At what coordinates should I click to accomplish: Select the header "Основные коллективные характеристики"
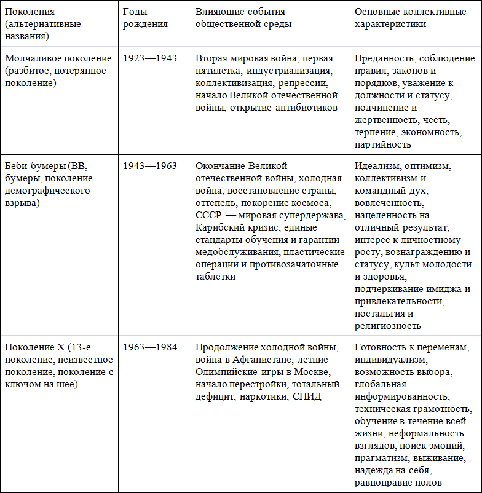(x=405, y=18)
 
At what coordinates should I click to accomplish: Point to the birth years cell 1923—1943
(x=149, y=58)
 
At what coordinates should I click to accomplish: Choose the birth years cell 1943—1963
(x=149, y=166)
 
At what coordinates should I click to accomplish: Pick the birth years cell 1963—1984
(x=149, y=347)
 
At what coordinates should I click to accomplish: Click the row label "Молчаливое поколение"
(x=58, y=58)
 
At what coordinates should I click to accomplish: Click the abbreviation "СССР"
(x=210, y=215)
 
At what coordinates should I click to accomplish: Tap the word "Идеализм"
(x=376, y=166)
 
